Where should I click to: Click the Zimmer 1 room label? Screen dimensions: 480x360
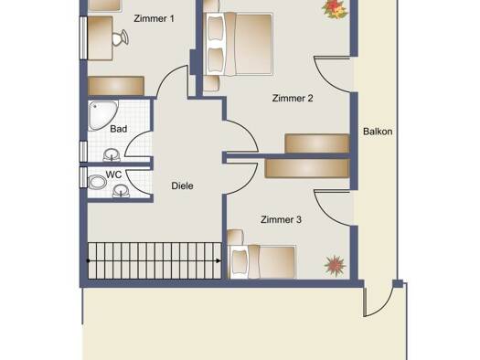(x=154, y=18)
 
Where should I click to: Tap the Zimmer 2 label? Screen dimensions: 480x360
(x=293, y=98)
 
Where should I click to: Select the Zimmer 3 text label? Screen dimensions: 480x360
(x=281, y=219)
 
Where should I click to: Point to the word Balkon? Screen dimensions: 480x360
(x=378, y=132)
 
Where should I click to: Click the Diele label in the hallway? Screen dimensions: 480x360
(x=182, y=185)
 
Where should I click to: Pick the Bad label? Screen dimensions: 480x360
(x=119, y=129)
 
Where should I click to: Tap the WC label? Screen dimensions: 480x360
(x=114, y=175)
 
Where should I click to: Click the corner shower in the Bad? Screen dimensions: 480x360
(x=102, y=115)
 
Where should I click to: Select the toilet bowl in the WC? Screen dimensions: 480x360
(x=97, y=182)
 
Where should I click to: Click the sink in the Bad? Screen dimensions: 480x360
(x=112, y=154)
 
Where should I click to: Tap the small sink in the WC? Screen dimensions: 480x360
(x=121, y=191)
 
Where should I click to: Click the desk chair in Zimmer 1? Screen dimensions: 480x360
(x=120, y=37)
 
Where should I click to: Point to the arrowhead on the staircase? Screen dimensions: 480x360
(x=218, y=261)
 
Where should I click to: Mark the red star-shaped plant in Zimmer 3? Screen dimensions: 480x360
(x=335, y=266)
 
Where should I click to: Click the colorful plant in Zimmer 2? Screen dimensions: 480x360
(x=335, y=8)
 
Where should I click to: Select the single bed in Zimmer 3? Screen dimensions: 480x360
(x=262, y=262)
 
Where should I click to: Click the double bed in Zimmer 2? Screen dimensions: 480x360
(x=240, y=44)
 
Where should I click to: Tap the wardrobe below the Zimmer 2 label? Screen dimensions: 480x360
(x=317, y=143)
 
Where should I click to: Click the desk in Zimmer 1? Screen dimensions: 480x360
(x=100, y=38)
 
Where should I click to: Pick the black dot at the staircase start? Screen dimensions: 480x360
(x=88, y=261)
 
